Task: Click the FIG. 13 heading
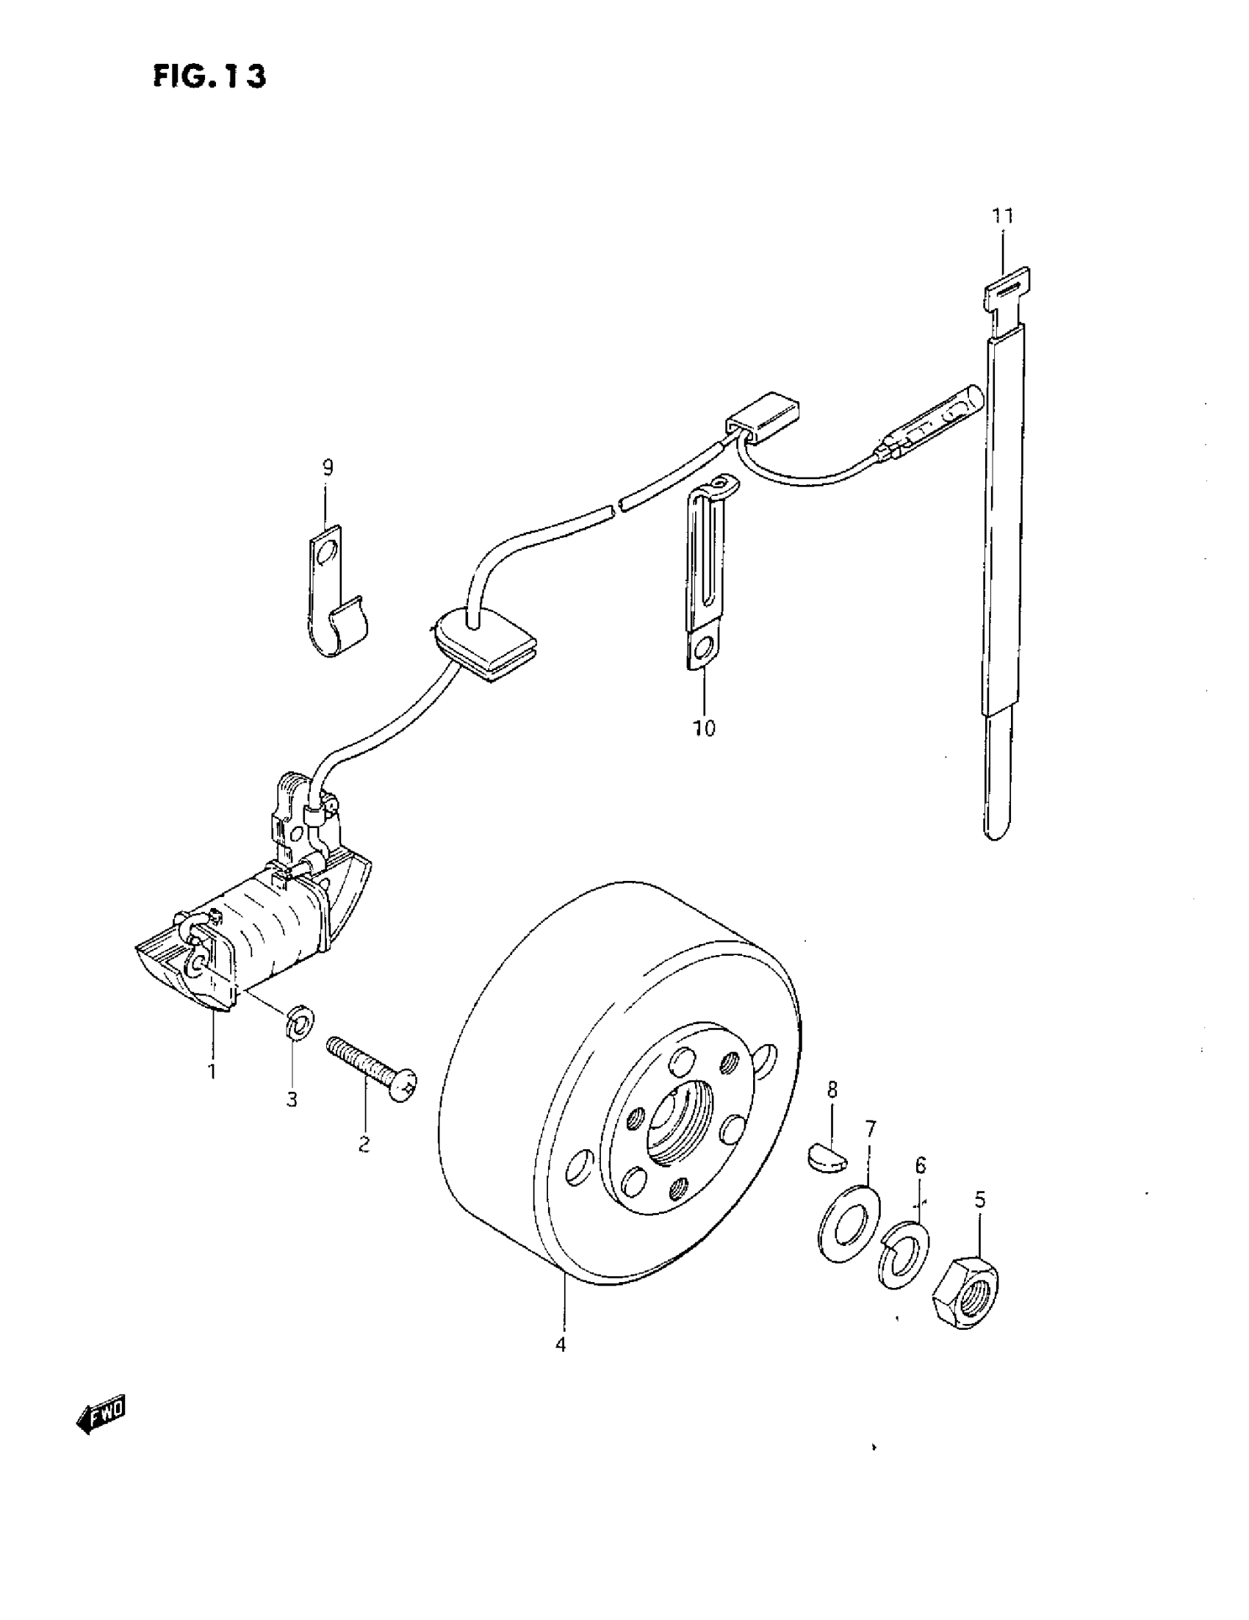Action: pyautogui.click(x=209, y=76)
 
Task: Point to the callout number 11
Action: pyautogui.click(x=1002, y=216)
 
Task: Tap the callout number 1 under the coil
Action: pyautogui.click(x=212, y=1070)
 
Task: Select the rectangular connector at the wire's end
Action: pyautogui.click(x=763, y=420)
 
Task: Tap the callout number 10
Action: pyautogui.click(x=704, y=728)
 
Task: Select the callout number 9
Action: pyautogui.click(x=327, y=467)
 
